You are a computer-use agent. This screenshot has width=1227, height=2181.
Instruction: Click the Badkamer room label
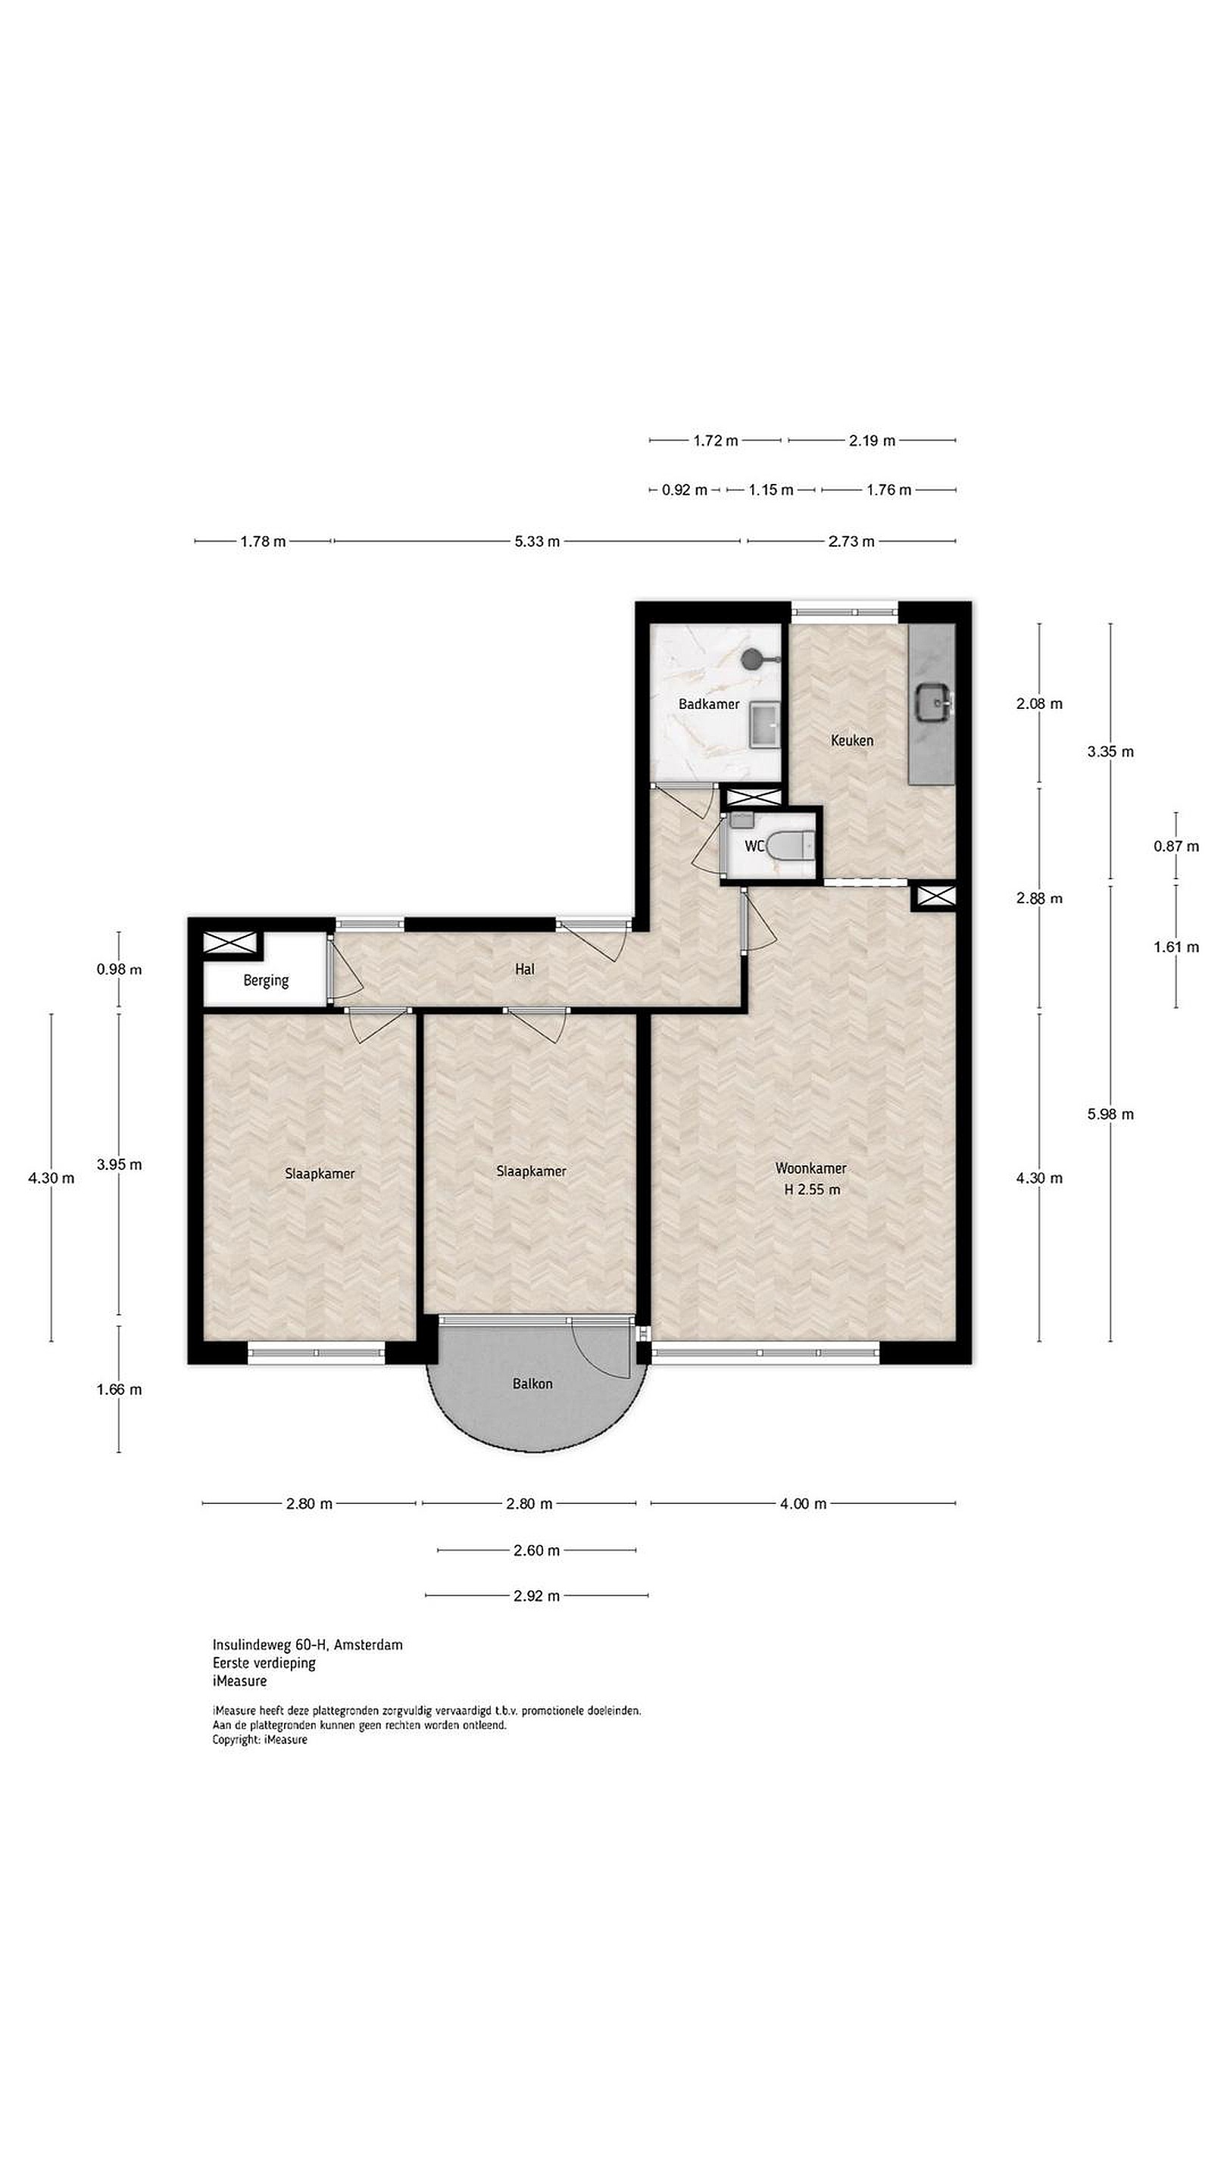pyautogui.click(x=708, y=704)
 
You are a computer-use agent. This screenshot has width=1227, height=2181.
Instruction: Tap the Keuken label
pyautogui.click(x=851, y=740)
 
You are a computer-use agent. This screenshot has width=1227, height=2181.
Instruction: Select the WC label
pyautogui.click(x=754, y=846)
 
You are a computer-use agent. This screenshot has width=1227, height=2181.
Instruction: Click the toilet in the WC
pyautogui.click(x=789, y=845)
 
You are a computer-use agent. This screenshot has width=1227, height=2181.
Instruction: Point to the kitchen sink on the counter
pyautogui.click(x=934, y=702)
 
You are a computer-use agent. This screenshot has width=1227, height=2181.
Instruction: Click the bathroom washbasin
pyautogui.click(x=766, y=726)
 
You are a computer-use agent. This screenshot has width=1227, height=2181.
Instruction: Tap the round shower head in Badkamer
pyautogui.click(x=751, y=658)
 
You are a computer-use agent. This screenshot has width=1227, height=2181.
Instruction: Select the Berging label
pyautogui.click(x=266, y=981)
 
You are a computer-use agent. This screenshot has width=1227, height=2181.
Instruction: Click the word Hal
pyautogui.click(x=524, y=969)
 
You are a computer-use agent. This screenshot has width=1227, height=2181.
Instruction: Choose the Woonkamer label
pyautogui.click(x=810, y=1169)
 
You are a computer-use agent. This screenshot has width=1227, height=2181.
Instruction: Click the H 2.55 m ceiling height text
pyautogui.click(x=812, y=1190)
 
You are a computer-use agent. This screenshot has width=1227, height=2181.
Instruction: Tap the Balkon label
pyautogui.click(x=532, y=1384)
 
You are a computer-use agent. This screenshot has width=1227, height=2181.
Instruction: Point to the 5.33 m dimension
pyautogui.click(x=537, y=541)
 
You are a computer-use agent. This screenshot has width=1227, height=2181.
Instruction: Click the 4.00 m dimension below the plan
pyautogui.click(x=803, y=1504)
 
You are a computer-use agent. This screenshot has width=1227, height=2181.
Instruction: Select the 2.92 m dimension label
pyautogui.click(x=536, y=1596)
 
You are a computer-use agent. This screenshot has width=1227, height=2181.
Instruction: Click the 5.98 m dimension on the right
pyautogui.click(x=1110, y=1114)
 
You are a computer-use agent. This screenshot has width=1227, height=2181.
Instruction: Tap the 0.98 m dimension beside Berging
pyautogui.click(x=119, y=969)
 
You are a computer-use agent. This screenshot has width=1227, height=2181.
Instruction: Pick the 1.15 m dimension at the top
pyautogui.click(x=770, y=490)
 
